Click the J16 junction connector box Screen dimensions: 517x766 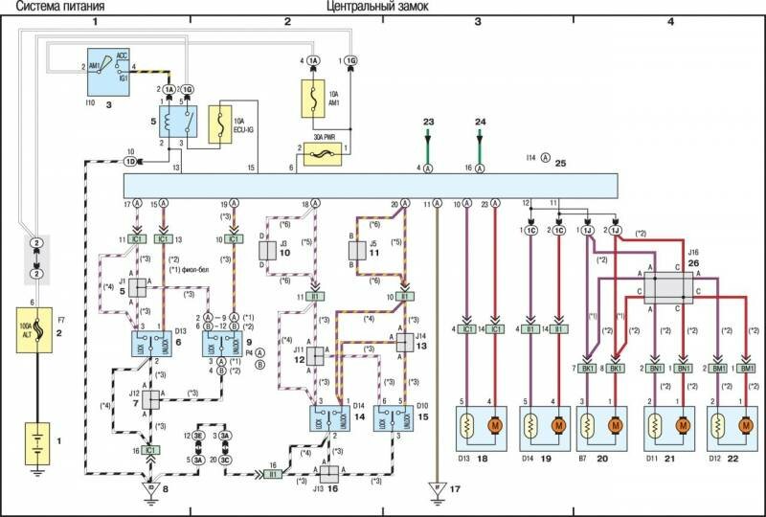coord(667,287)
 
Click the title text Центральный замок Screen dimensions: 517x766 coord(377,7)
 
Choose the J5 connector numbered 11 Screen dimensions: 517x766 coord(354,249)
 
